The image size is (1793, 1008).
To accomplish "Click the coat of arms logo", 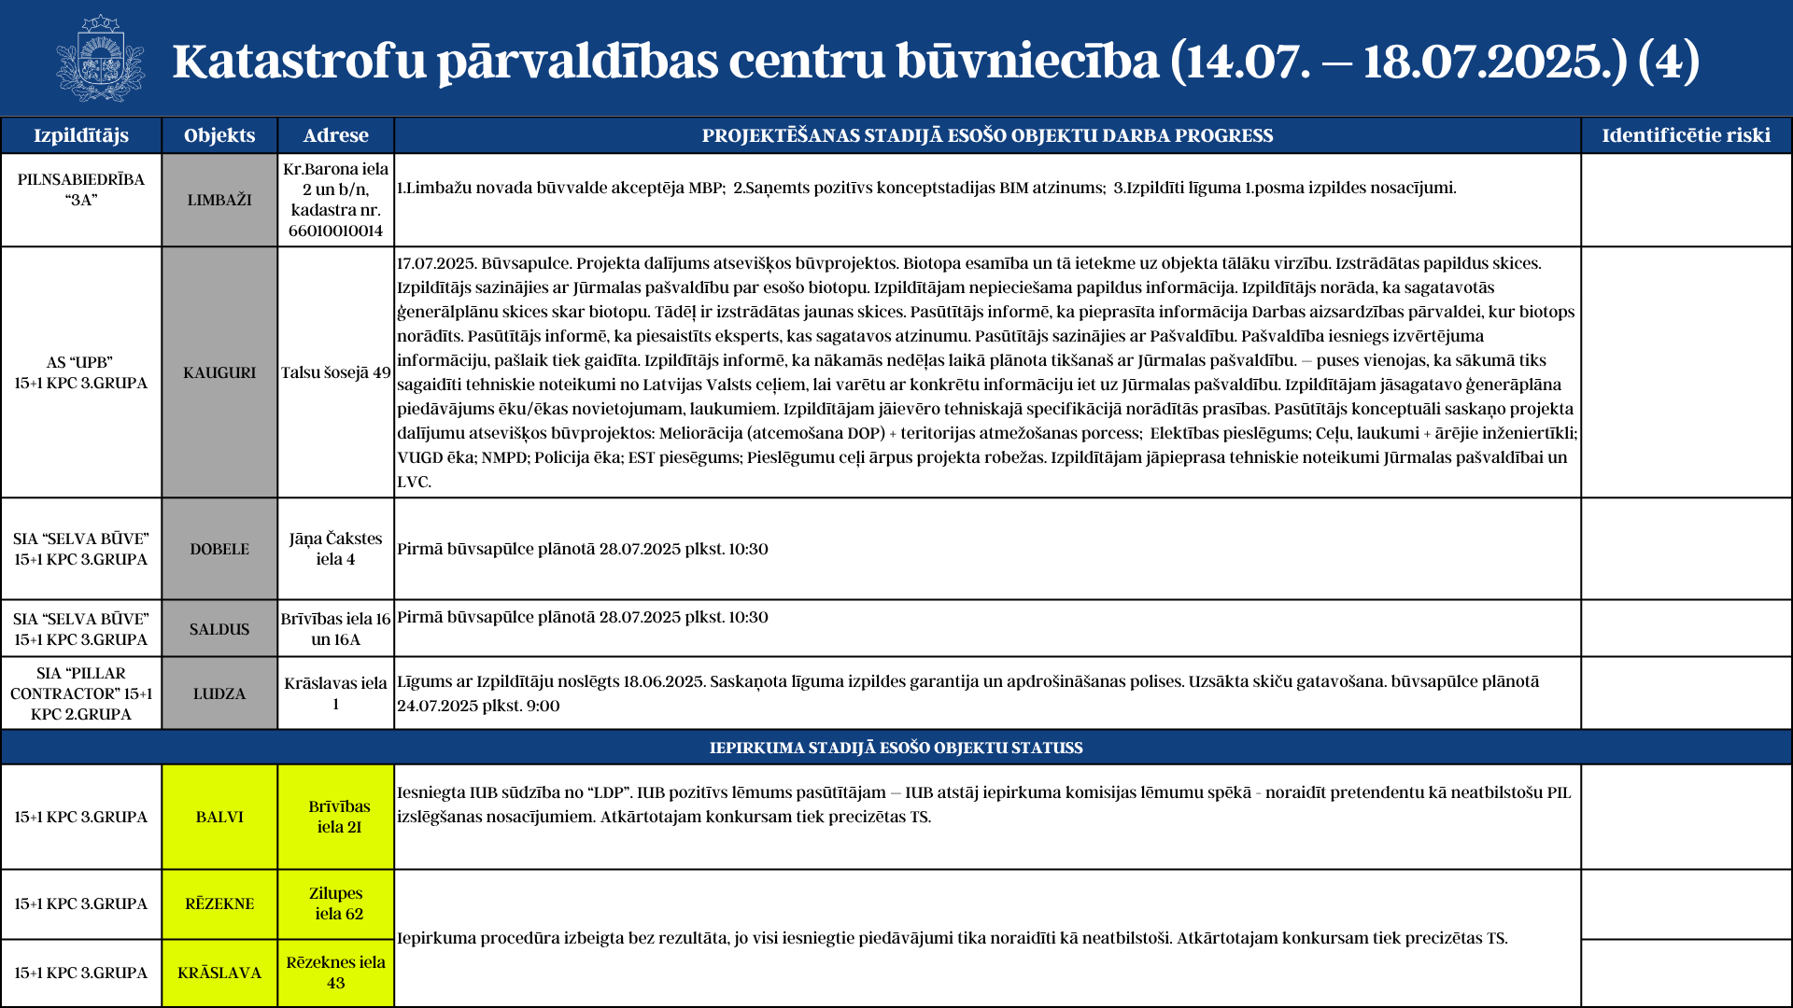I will [100, 59].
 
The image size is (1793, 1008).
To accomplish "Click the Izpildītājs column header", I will [81, 135].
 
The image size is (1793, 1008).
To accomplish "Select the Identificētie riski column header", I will [1686, 135].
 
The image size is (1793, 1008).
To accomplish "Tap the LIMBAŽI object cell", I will [219, 200].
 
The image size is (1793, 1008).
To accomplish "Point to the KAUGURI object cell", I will [219, 372].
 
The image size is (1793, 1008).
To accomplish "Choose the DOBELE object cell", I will [219, 549].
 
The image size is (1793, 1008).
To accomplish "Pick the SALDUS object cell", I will [219, 629].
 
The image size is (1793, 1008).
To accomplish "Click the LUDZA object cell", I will [219, 693].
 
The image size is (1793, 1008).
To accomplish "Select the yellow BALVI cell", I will [219, 817].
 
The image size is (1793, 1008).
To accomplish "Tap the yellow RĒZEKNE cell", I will [219, 903].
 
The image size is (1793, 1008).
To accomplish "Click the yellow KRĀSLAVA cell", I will [219, 973].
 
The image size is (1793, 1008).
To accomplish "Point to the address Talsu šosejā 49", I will [336, 372].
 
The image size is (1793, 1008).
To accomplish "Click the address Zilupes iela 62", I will [336, 903].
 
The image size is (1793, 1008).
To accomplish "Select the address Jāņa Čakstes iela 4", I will [336, 549].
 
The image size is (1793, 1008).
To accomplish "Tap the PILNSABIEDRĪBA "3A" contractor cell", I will [81, 189].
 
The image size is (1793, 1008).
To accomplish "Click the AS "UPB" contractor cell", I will [81, 372].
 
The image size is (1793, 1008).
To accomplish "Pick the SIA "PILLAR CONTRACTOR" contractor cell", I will [81, 693].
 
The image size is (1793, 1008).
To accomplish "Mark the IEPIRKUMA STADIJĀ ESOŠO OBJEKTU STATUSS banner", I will [896, 748].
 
